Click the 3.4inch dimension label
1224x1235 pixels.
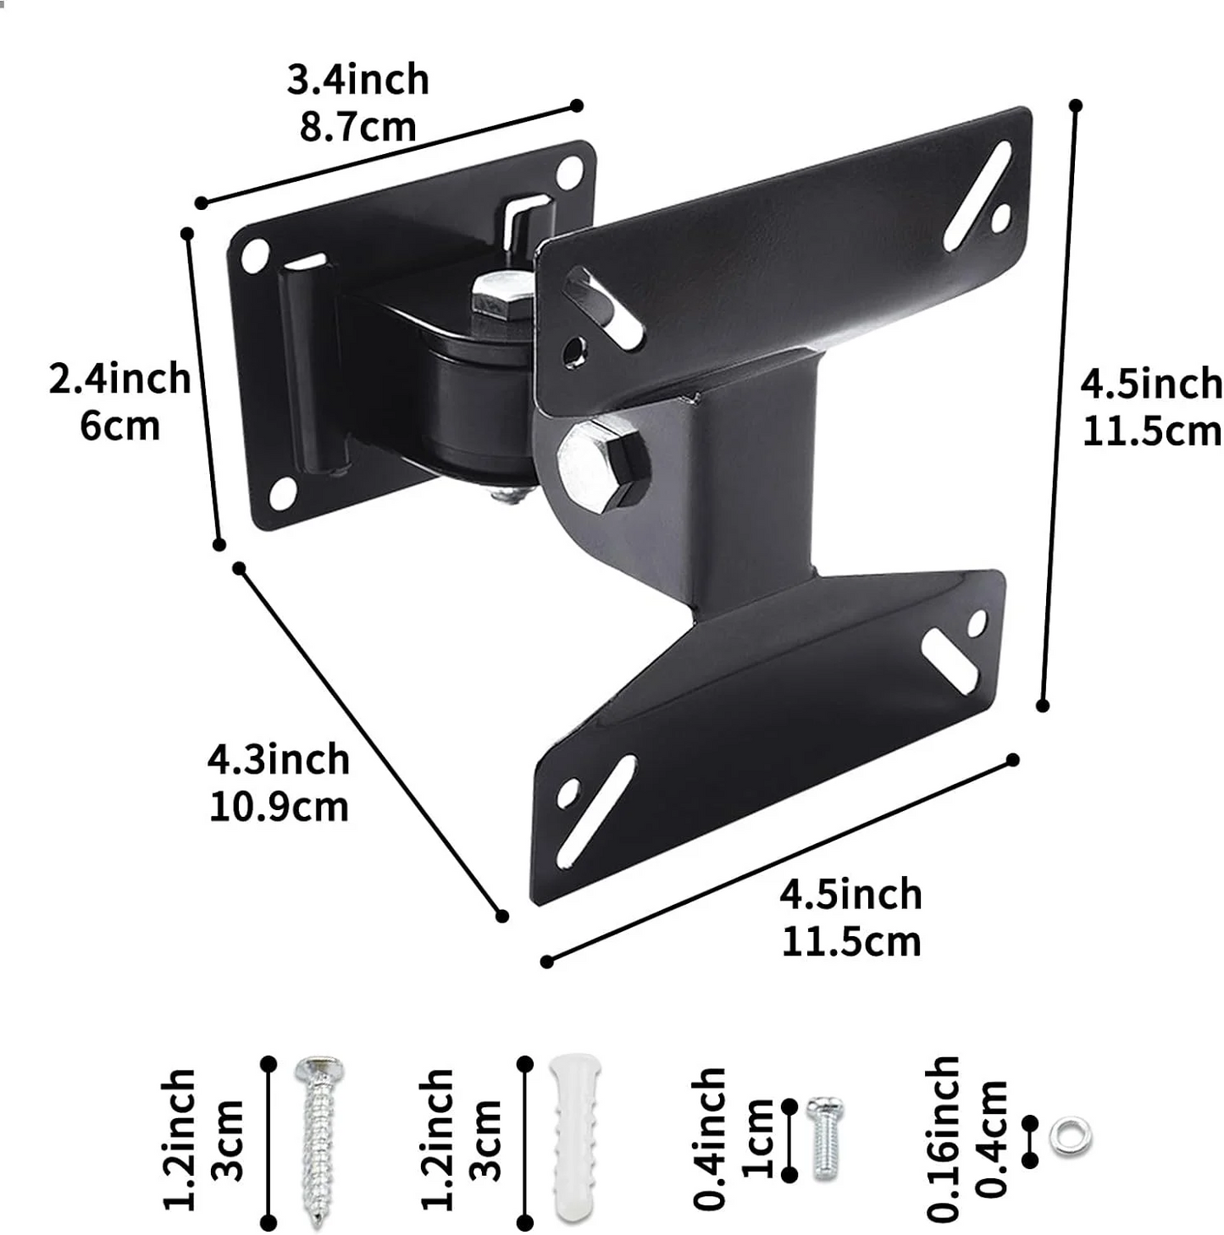pyautogui.click(x=357, y=80)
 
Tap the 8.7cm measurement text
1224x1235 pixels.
pyautogui.click(x=357, y=127)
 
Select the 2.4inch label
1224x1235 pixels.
pyautogui.click(x=119, y=378)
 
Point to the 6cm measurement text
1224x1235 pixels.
pyautogui.click(x=119, y=425)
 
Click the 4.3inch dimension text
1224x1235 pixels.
pyautogui.click(x=278, y=759)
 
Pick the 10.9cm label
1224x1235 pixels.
pyautogui.click(x=278, y=807)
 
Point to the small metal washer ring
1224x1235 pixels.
pyautogui.click(x=1070, y=1137)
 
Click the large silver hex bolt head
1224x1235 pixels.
pyautogui.click(x=603, y=465)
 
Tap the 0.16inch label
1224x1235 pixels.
pyautogui.click(x=943, y=1139)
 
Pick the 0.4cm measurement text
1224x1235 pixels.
pyautogui.click(x=992, y=1139)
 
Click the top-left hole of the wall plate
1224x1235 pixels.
pyautogui.click(x=255, y=255)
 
